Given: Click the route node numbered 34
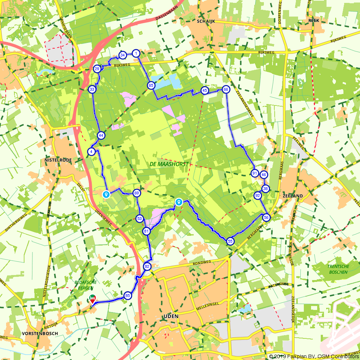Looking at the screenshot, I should (122, 55).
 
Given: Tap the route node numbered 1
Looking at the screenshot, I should (136, 53).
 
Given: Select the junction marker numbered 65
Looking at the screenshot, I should (151, 85).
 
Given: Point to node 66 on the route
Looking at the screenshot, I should (226, 89).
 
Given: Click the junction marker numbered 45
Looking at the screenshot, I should (205, 90).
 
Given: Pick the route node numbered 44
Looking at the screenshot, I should (101, 135).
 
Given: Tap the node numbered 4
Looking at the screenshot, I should (92, 152).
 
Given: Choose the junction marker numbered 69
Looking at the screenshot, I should (136, 193).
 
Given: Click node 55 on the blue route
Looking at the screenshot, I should (230, 242).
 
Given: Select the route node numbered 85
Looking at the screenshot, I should (127, 296).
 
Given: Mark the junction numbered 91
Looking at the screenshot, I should (255, 174).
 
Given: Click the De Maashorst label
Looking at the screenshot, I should (168, 164).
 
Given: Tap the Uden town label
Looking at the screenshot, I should (171, 316).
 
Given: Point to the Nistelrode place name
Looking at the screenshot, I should (58, 159).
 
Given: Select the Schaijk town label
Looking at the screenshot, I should (206, 21).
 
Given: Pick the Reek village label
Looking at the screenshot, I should (314, 21).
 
